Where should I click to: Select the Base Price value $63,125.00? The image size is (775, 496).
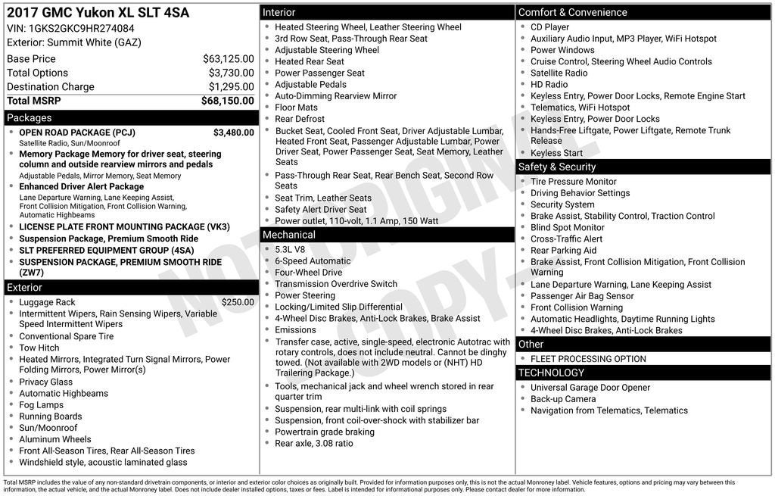coord(228,59)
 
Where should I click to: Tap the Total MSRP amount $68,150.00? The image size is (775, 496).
coord(227,101)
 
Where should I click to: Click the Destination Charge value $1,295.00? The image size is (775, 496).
coord(231,87)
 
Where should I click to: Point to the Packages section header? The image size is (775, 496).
coord(30,118)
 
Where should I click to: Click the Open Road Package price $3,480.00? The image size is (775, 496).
coord(233,133)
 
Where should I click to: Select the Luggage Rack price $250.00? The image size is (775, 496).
coord(238,302)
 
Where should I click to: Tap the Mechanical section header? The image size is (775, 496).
coord(289,235)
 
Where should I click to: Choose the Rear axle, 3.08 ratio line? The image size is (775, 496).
coord(313,443)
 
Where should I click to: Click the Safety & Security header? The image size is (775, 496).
coord(557,167)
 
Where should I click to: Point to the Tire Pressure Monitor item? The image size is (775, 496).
coord(573,182)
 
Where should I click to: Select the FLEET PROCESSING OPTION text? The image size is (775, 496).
coord(588,359)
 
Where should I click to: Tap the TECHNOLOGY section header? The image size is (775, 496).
coord(551,373)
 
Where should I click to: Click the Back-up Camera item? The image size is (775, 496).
coord(562,399)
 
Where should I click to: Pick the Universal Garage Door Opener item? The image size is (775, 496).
coord(590,388)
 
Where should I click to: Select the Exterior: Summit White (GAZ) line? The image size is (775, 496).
coord(74,42)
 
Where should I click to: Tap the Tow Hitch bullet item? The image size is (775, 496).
coord(39,348)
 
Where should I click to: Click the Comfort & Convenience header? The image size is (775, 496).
coord(572,12)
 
